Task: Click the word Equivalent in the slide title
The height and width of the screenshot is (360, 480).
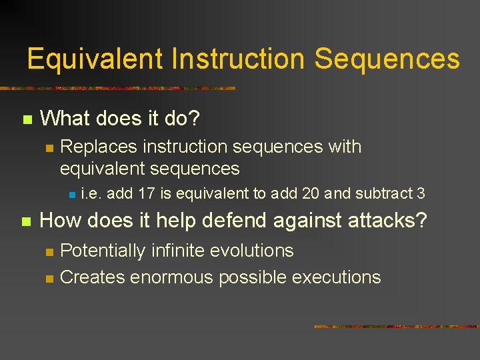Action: click(95, 59)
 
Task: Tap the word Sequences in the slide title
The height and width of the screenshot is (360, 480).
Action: click(387, 59)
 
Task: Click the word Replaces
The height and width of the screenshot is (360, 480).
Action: click(99, 147)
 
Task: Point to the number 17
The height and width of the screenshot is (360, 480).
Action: click(147, 194)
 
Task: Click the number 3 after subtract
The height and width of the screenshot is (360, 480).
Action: click(421, 194)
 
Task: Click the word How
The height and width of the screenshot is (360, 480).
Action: click(62, 220)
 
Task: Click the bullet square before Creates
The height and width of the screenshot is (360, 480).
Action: click(48, 279)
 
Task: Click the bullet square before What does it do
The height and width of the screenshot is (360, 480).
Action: click(27, 120)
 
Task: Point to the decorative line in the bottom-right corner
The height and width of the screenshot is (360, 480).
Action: click(396, 327)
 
